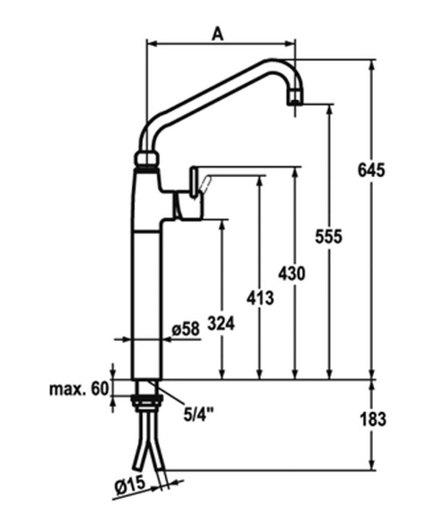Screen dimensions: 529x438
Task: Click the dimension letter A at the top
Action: coord(218,34)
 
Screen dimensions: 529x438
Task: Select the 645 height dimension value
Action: coord(371,169)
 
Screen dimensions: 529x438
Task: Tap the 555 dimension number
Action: coord(328,237)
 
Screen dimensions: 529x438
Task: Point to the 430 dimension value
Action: coord(292,274)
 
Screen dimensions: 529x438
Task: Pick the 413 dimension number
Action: coord(260,298)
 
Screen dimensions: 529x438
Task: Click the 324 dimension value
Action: coord(221,324)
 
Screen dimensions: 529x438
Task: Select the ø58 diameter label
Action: coord(185,329)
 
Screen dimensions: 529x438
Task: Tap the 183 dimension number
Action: coord(373,419)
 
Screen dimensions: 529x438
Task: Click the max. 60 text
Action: coord(78,388)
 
